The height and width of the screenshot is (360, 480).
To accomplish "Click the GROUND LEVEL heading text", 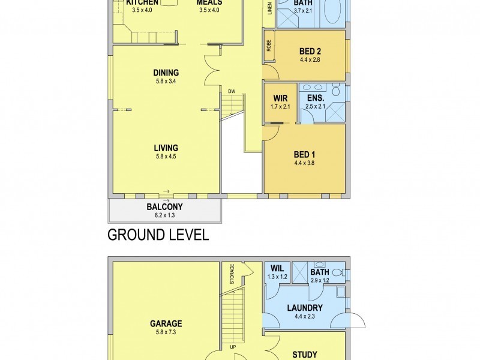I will point(158,235).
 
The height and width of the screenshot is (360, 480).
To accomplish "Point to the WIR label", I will point(280,98).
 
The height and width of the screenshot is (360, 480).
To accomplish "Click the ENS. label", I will point(315,98).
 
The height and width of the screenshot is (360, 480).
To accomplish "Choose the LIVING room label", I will point(165,148).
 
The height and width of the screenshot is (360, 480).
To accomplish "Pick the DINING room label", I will point(165,73).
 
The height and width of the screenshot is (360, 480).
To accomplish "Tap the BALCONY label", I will point(164,208).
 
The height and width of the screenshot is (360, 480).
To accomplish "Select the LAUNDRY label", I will point(304,308).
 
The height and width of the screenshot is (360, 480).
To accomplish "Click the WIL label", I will point(277,269).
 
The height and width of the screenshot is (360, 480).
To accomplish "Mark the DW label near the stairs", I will point(231,91).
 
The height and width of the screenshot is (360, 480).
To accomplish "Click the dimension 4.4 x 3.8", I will point(304,162).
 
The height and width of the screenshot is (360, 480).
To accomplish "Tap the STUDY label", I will point(304,355).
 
